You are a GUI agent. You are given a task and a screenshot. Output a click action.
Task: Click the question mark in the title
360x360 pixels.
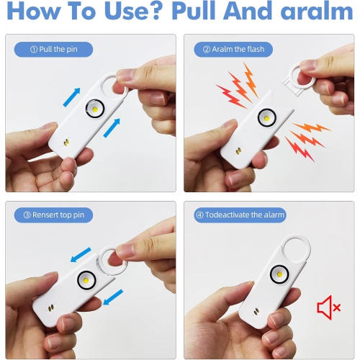click(x=156, y=10)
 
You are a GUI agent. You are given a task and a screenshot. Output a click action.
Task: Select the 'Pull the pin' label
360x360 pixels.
click(x=53, y=50)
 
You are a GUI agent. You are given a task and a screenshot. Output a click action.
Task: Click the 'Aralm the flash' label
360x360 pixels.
click(x=233, y=50)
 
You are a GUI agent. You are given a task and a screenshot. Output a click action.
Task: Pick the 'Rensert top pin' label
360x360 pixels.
click(x=53, y=215)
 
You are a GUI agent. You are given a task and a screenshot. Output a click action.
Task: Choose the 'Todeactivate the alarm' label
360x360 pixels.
click(x=240, y=215)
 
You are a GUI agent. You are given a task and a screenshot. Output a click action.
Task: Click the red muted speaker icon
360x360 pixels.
click(x=328, y=307)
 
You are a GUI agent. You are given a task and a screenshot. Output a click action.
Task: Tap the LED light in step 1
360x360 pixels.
click(x=95, y=109)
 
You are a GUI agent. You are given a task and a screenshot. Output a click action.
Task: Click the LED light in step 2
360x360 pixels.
click(x=267, y=118)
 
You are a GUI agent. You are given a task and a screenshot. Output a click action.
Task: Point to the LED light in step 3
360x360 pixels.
click(x=86, y=280)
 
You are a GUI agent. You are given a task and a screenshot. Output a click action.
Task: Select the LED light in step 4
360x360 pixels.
click(x=279, y=274)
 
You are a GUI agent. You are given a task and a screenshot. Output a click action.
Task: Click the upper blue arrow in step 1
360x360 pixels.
click(x=71, y=97)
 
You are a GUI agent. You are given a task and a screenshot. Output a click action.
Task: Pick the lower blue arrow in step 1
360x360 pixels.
click(x=112, y=128)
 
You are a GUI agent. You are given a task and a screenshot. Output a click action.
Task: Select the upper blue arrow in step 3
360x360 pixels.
click(x=81, y=255)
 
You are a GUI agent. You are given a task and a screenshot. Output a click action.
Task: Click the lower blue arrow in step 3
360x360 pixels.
click(x=113, y=297)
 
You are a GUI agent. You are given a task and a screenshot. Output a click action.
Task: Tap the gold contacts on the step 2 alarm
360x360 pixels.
click(x=238, y=150)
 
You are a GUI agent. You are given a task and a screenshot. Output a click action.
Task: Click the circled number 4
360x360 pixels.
click(x=199, y=215)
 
